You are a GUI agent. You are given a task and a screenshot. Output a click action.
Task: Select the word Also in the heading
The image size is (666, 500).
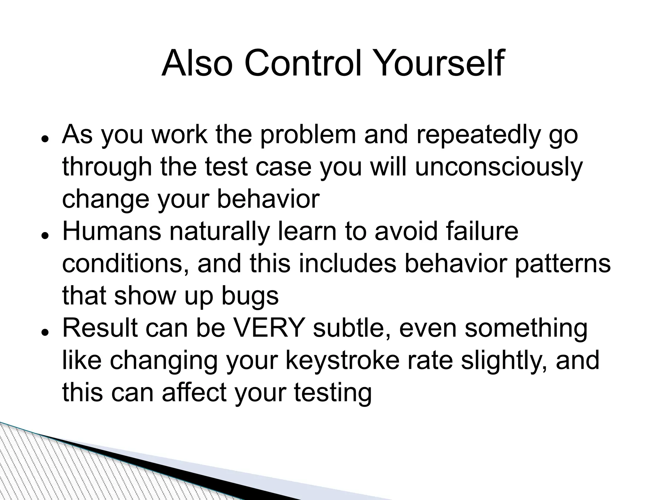(197, 63)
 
